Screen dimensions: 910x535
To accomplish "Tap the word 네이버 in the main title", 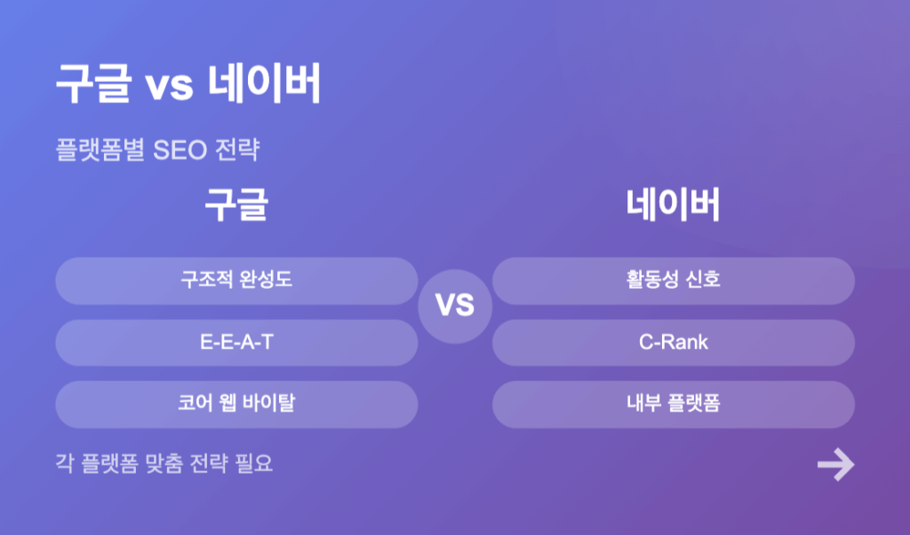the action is tap(264, 84).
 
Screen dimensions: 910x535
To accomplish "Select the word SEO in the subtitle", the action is tap(180, 150).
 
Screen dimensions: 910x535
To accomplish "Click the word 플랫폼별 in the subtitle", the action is tap(100, 149).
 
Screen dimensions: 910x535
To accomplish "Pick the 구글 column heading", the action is tap(236, 204).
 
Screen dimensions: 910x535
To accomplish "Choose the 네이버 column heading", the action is tap(674, 204).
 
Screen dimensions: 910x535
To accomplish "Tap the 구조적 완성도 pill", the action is tap(236, 281).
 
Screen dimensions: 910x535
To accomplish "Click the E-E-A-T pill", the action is tap(236, 342).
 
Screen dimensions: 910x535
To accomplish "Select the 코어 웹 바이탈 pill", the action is tap(236, 404).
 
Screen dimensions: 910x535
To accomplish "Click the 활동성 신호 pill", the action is tap(674, 281).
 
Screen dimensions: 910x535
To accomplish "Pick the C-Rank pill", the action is tap(674, 342).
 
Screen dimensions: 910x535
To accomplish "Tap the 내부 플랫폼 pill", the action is tap(674, 404).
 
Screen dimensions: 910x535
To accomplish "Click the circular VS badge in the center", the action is tap(455, 307).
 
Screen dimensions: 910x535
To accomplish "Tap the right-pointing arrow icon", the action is tap(835, 464).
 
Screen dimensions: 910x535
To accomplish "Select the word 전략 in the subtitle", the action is tap(236, 149).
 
